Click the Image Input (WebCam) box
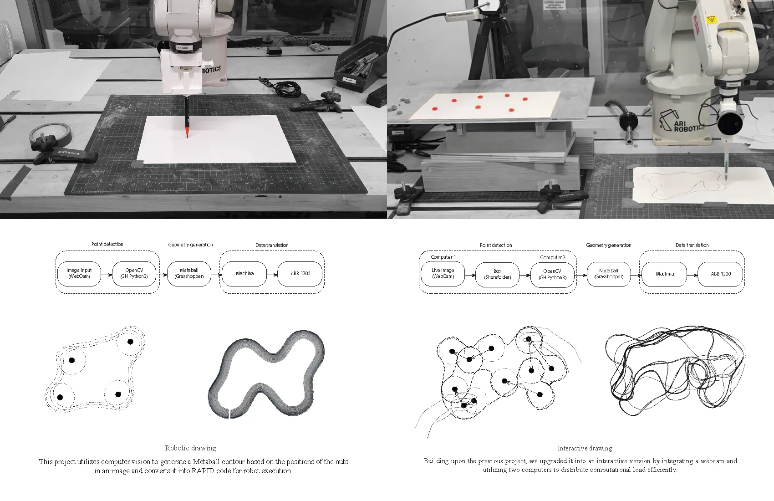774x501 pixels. click(79, 273)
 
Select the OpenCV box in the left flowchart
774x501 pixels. click(134, 273)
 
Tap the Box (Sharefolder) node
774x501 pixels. click(497, 275)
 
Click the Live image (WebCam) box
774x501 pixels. click(443, 273)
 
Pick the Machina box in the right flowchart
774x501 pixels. click(664, 274)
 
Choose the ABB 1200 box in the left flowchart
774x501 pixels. click(300, 273)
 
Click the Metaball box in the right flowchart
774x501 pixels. click(608, 274)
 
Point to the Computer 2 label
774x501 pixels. click(553, 257)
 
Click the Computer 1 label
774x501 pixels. click(443, 257)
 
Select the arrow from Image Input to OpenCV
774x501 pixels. click(107, 275)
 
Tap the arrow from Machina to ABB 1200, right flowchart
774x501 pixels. click(693, 275)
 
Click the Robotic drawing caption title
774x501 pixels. click(190, 448)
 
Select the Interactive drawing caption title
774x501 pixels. click(585, 449)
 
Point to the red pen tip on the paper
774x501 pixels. click(187, 136)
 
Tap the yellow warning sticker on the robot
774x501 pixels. click(710, 20)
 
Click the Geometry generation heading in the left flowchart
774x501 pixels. click(190, 245)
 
